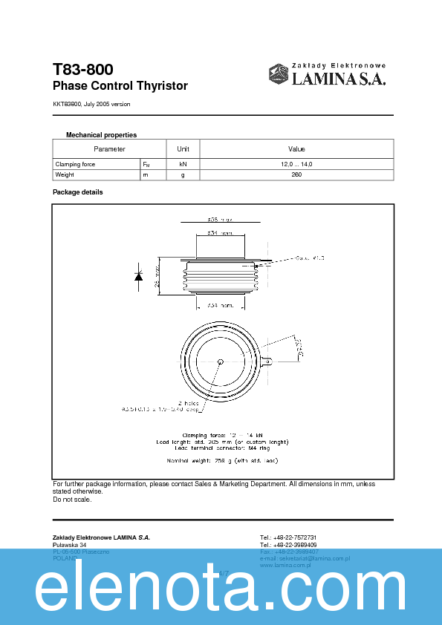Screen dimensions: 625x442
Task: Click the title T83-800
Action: click(x=82, y=70)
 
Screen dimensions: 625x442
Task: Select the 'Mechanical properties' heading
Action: click(x=101, y=135)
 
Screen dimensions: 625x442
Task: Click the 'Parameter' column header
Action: click(x=109, y=149)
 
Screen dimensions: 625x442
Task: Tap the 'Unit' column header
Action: click(x=183, y=149)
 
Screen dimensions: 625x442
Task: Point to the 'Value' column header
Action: click(x=296, y=149)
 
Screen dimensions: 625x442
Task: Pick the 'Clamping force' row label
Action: click(x=75, y=164)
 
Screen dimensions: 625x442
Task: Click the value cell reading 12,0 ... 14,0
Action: click(x=296, y=164)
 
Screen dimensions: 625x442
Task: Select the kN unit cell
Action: click(x=183, y=164)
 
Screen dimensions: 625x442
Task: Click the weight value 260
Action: click(x=296, y=174)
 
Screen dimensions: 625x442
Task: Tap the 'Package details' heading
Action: click(x=77, y=192)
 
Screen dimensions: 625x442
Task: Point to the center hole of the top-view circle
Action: click(x=221, y=361)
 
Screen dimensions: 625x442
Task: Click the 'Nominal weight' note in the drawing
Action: click(x=221, y=460)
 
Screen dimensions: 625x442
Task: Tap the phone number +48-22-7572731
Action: click(x=288, y=537)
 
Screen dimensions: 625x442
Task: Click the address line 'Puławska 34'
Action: click(x=69, y=545)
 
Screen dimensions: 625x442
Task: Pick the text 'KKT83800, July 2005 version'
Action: click(x=91, y=104)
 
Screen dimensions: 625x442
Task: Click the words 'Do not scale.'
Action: click(x=72, y=499)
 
